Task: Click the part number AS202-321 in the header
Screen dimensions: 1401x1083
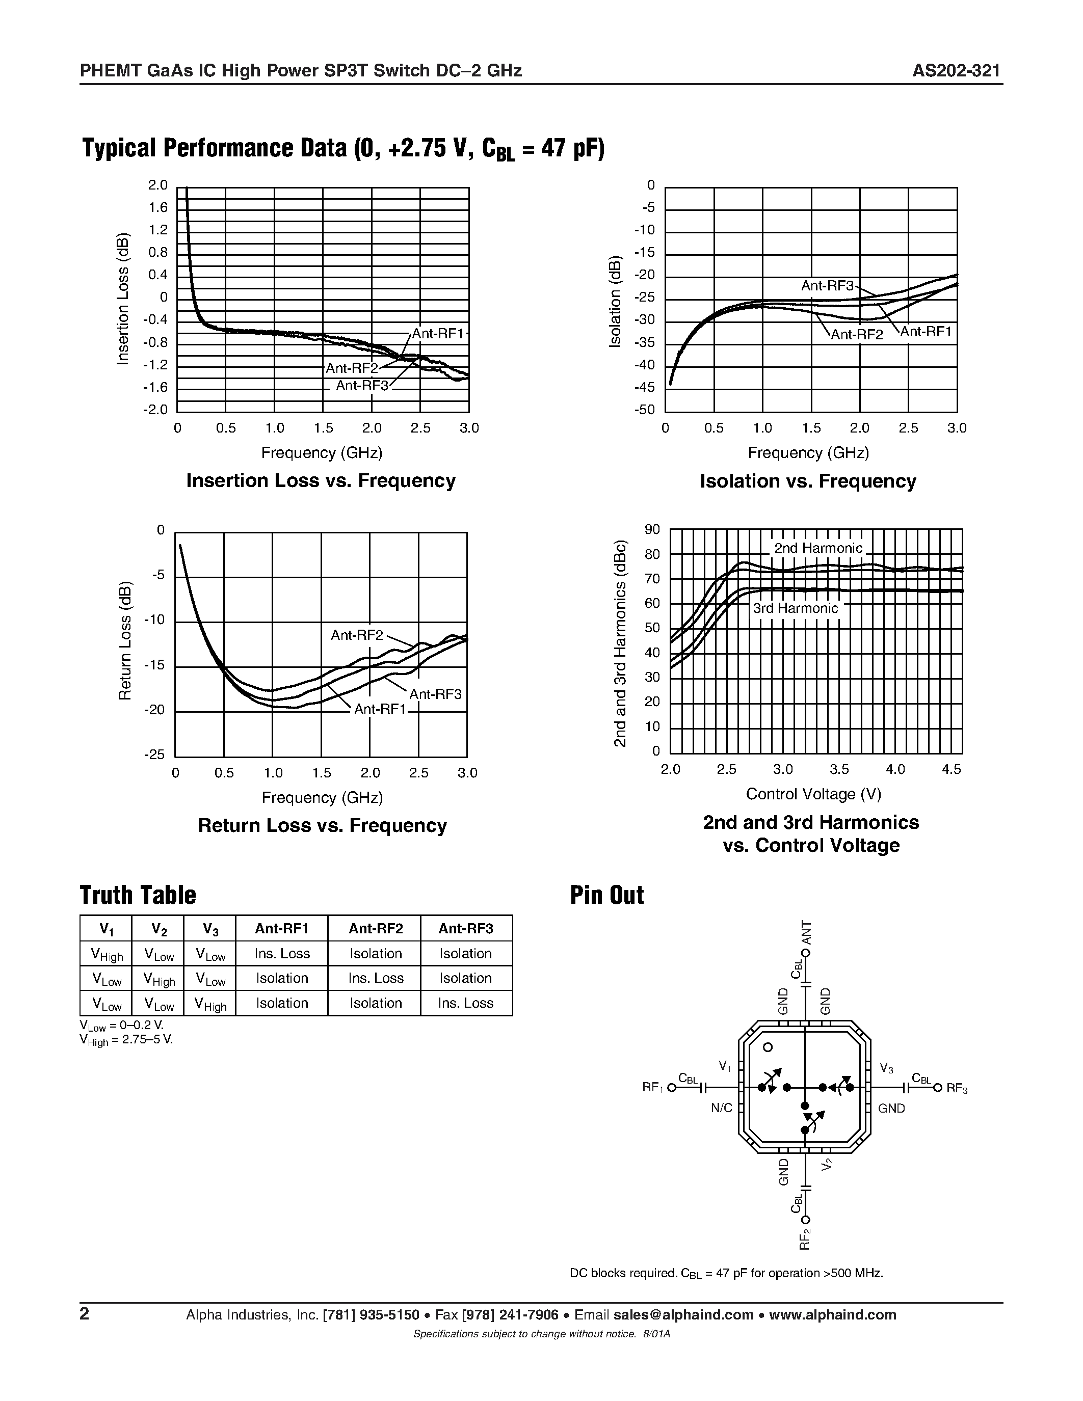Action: (x=956, y=71)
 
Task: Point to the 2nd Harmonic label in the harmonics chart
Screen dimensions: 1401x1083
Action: (x=818, y=548)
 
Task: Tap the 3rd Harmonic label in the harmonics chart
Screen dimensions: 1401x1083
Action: (x=795, y=608)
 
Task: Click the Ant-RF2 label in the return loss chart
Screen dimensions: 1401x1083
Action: (x=357, y=635)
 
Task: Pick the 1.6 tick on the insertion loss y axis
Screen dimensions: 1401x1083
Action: (x=158, y=208)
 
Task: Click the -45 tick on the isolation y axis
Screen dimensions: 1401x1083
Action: (x=645, y=388)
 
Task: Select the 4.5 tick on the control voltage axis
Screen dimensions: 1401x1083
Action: (x=952, y=769)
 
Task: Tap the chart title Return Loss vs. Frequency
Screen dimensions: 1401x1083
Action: (x=322, y=826)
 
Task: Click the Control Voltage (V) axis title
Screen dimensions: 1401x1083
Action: (x=813, y=794)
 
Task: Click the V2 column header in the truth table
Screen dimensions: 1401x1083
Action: (x=159, y=928)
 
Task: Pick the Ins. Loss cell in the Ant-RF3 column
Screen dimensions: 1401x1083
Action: (x=466, y=1003)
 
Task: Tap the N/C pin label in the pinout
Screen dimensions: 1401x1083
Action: (x=721, y=1109)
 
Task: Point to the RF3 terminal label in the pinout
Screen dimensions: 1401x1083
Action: (x=956, y=1088)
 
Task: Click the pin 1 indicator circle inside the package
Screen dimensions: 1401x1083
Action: (x=768, y=1047)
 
